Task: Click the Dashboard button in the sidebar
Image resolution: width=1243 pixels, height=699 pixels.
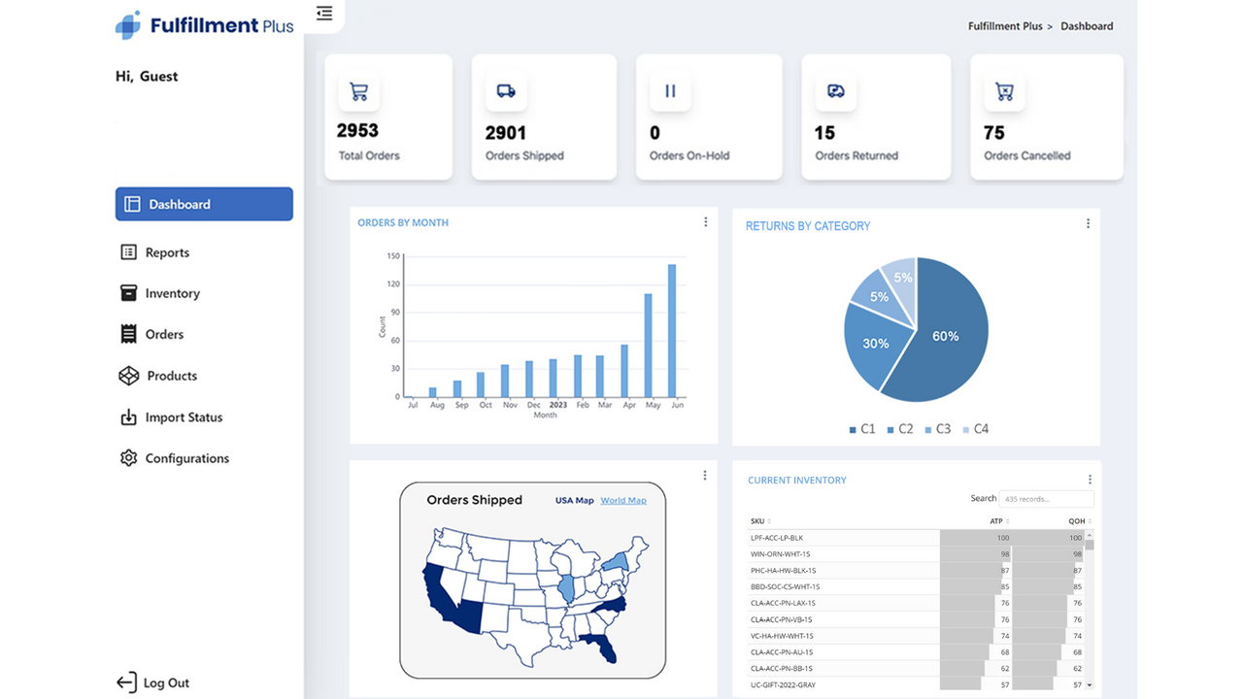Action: pyautogui.click(x=204, y=204)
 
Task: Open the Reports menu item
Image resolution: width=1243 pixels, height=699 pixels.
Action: pyautogui.click(x=166, y=252)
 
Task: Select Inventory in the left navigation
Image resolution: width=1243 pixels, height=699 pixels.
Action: pyautogui.click(x=172, y=293)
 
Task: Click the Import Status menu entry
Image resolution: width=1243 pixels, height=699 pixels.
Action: pyautogui.click(x=183, y=417)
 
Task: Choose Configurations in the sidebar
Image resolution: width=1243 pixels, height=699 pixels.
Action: pyautogui.click(x=186, y=458)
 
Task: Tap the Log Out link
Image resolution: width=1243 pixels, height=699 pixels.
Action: pyautogui.click(x=165, y=682)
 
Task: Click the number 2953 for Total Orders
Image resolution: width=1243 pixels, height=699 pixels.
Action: pyautogui.click(x=357, y=130)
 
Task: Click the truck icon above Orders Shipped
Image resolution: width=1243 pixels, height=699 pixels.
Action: pyautogui.click(x=506, y=91)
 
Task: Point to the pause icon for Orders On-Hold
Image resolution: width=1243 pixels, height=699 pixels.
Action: pyautogui.click(x=670, y=91)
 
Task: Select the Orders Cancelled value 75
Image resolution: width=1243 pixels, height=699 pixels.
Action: pyautogui.click(x=994, y=133)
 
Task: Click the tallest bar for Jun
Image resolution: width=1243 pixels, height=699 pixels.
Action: pyautogui.click(x=672, y=330)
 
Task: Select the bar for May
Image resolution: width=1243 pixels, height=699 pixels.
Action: pyautogui.click(x=648, y=345)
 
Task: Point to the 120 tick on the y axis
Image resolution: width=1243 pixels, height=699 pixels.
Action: pyautogui.click(x=393, y=284)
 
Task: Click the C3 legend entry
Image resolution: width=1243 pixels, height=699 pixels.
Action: pyautogui.click(x=937, y=429)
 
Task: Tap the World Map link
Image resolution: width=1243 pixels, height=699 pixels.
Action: pyautogui.click(x=622, y=501)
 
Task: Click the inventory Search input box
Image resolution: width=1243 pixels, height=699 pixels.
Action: pyautogui.click(x=1046, y=499)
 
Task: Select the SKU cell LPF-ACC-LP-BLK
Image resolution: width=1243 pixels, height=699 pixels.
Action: pyautogui.click(x=777, y=538)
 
